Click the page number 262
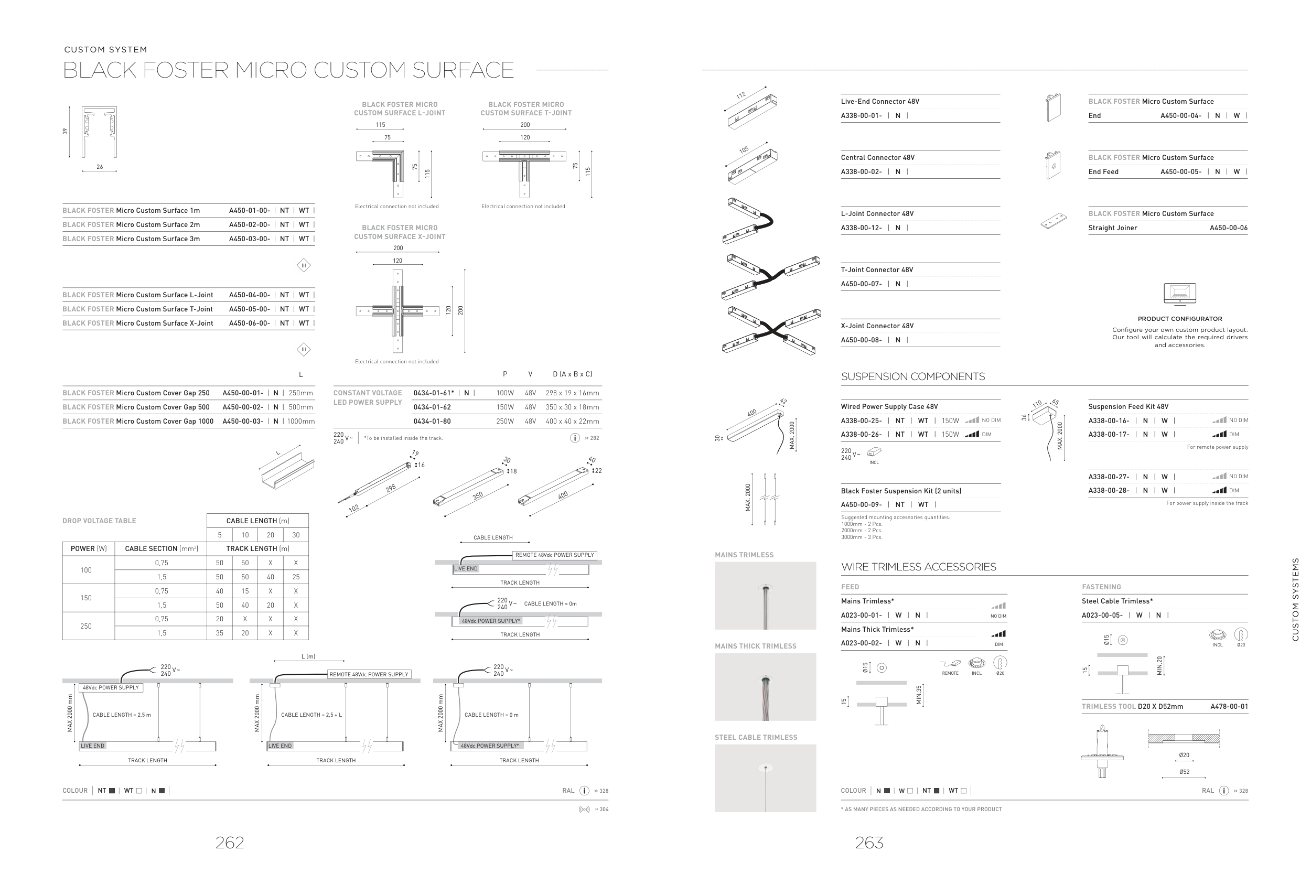point(230,842)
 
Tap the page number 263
point(869,842)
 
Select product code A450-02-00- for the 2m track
point(249,224)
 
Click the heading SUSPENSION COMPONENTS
point(912,377)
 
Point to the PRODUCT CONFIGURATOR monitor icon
point(1179,294)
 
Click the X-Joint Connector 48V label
point(877,326)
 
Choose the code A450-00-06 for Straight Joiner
point(1228,228)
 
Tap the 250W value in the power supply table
point(505,422)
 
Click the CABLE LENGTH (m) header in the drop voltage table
point(257,521)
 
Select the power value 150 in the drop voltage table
point(86,598)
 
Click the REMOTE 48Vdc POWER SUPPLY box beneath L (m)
point(369,674)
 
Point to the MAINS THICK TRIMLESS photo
point(765,687)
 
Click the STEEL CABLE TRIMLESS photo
point(765,778)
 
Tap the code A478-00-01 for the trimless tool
point(1229,707)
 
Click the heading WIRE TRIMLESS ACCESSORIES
point(918,567)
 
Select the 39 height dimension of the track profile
point(65,132)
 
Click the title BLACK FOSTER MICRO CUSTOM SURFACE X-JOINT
point(400,232)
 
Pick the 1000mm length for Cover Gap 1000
point(301,422)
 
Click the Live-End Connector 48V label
point(879,101)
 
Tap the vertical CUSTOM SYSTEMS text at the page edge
point(1295,599)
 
